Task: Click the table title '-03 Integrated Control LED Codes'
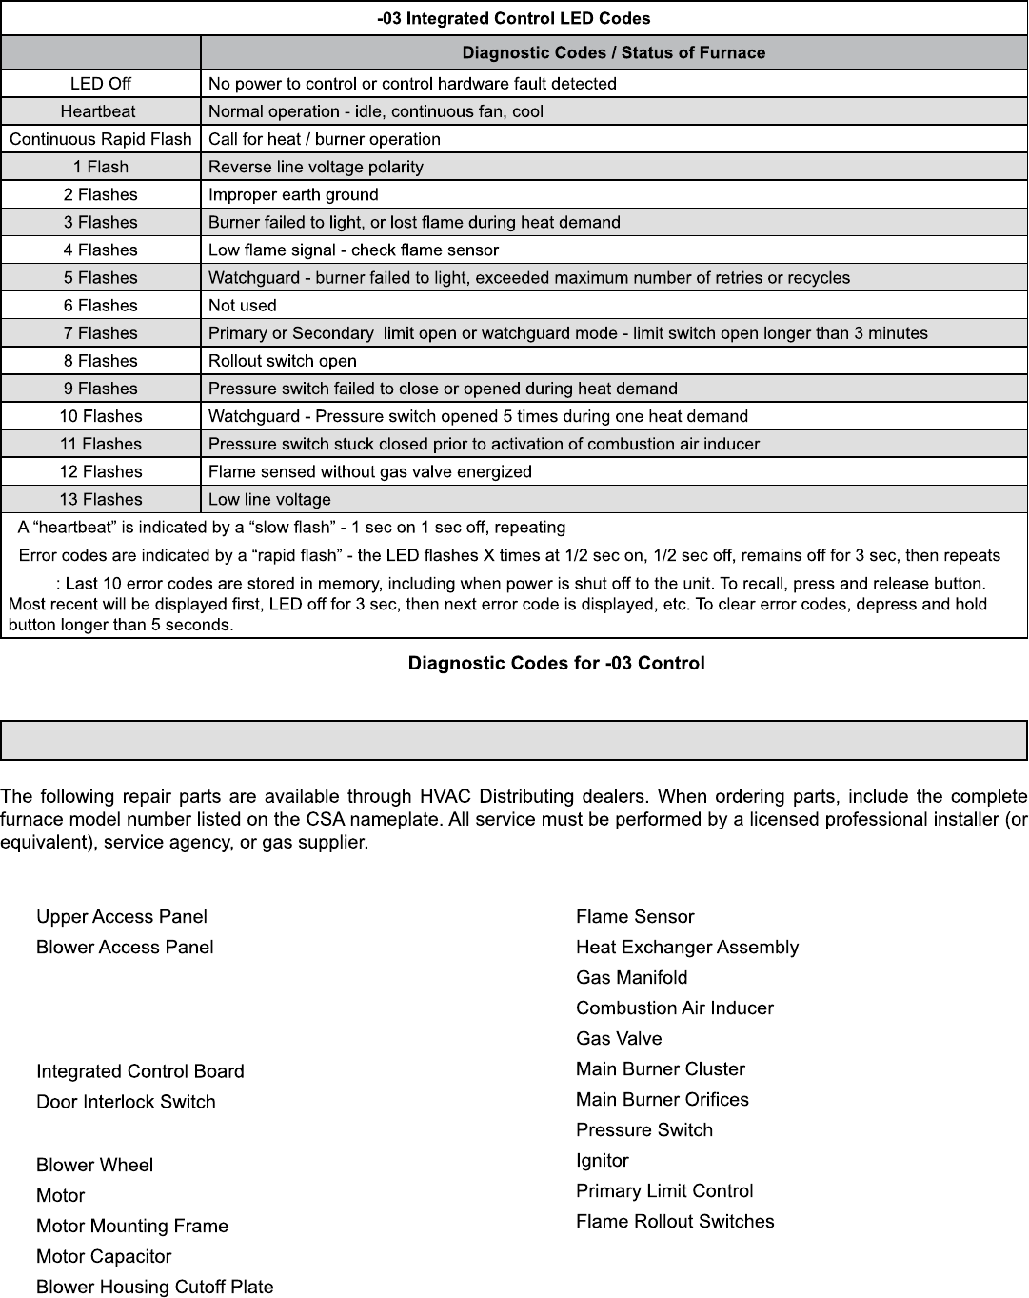tap(514, 18)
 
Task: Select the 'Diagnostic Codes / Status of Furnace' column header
tap(613, 52)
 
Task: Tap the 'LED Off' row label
tap(101, 84)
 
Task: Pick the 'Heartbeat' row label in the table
tap(98, 111)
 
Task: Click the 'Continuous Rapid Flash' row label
tap(101, 139)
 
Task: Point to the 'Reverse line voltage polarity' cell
tap(316, 167)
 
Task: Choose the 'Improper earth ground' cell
tap(293, 194)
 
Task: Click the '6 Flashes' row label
tap(101, 306)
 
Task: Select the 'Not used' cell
tap(243, 306)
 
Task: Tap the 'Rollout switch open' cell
tap(283, 361)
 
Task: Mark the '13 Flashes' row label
tap(101, 500)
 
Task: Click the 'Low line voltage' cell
tap(269, 500)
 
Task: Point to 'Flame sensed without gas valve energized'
tap(370, 472)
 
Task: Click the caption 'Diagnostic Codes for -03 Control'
tap(557, 663)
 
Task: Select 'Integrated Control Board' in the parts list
tap(140, 1071)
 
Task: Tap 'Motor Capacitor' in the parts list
tap(104, 1256)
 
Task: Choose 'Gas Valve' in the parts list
tap(619, 1038)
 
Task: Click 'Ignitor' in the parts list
tap(603, 1160)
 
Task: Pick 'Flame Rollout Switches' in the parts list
tap(675, 1221)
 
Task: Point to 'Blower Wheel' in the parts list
tap(94, 1165)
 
